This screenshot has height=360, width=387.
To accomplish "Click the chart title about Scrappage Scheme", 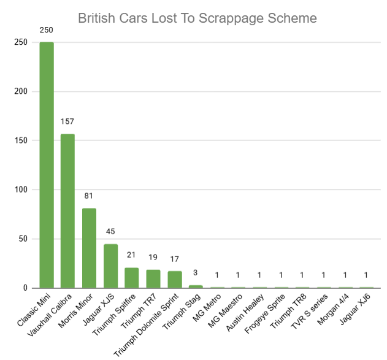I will (197, 18).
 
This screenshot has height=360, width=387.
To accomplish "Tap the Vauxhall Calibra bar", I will (67, 211).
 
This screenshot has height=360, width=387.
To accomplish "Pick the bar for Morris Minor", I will (89, 248).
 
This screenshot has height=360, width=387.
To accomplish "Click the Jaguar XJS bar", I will (110, 266).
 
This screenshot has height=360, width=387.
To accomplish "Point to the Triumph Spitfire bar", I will (132, 278).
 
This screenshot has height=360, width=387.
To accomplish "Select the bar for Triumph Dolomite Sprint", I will (175, 279).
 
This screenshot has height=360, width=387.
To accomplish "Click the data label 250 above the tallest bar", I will (47, 29).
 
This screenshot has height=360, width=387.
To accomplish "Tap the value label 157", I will (67, 121).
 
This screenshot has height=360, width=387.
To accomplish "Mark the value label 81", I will (89, 196).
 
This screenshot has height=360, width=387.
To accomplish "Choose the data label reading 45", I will (110, 231).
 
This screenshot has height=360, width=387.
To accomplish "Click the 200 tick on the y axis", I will (20, 91).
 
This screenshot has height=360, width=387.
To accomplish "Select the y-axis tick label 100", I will (20, 190).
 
